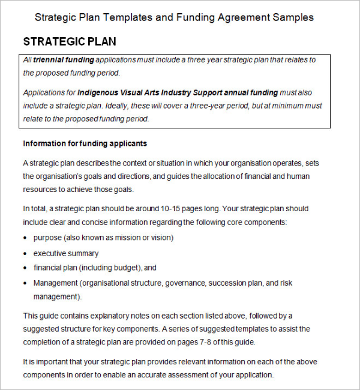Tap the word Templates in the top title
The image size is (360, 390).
click(128, 17)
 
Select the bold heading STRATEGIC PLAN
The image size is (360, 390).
click(70, 41)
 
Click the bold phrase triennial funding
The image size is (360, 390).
click(64, 60)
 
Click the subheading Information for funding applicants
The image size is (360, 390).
click(85, 143)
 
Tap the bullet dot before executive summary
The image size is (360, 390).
click(25, 254)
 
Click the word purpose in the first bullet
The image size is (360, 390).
click(48, 238)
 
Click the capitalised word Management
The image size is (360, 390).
click(55, 283)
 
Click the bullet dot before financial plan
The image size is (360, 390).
click(25, 268)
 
